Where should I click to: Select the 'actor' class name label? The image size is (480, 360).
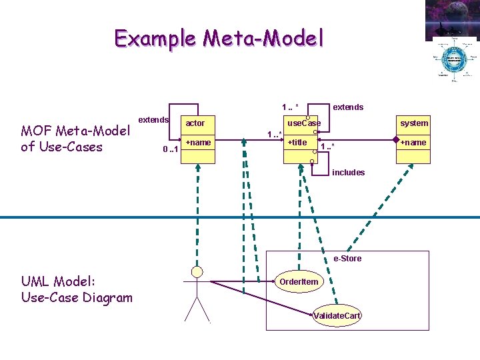(x=195, y=123)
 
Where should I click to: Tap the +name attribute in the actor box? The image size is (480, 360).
(x=198, y=143)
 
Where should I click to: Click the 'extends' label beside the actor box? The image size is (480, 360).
(x=153, y=119)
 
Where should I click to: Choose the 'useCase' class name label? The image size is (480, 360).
(x=303, y=123)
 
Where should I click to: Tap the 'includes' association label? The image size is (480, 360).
(x=348, y=173)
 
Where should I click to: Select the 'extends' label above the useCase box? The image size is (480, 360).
(x=348, y=107)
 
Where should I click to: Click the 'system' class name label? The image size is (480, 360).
(x=414, y=123)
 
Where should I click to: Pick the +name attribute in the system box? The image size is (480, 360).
(x=413, y=143)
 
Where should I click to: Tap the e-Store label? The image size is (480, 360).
(x=347, y=259)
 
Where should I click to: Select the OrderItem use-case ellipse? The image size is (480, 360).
(x=299, y=281)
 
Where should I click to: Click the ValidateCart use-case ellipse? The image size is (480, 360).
(x=337, y=315)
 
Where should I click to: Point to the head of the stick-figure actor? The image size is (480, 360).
(x=197, y=271)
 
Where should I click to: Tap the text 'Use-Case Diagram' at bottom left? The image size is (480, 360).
(x=77, y=297)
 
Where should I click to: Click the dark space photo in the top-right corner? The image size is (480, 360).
(x=452, y=20)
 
